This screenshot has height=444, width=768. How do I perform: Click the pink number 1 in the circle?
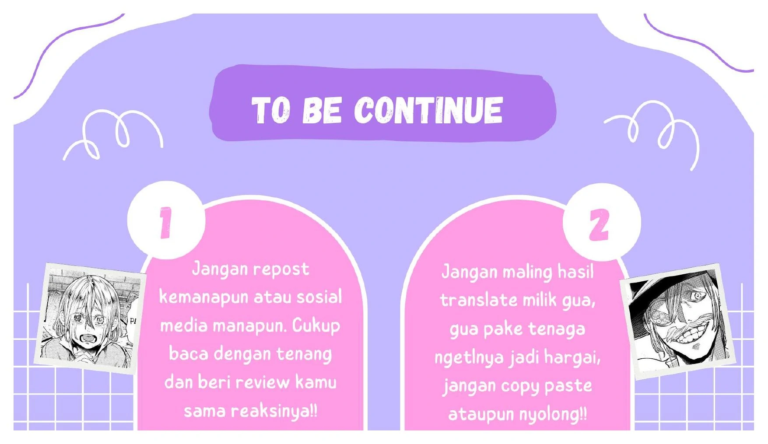165,223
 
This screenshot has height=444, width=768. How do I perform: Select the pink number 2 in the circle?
599,225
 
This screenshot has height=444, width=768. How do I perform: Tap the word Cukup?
316,326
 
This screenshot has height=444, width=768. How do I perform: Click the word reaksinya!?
274,412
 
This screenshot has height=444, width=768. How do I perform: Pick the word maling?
527,273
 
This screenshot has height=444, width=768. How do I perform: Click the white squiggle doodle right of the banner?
652,133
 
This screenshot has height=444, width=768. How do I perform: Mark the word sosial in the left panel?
319,297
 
